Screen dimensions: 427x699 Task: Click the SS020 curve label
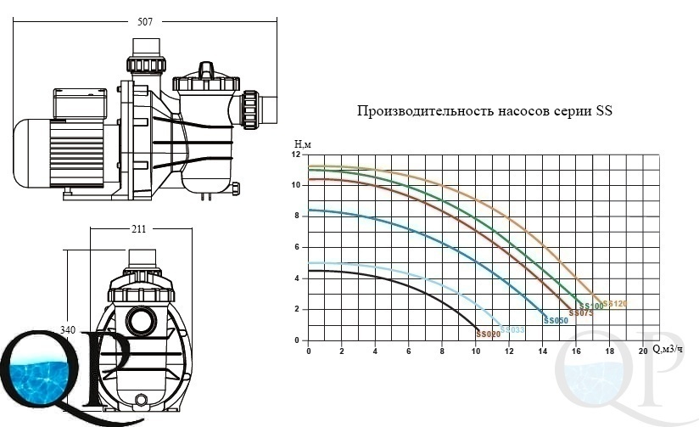pos(489,334)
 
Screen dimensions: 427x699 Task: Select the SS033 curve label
pos(512,329)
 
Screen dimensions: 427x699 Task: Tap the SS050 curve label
pos(556,321)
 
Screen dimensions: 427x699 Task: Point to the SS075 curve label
pos(580,313)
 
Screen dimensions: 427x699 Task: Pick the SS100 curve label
pos(591,306)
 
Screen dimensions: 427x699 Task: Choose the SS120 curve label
pos(615,304)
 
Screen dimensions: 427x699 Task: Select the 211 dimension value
pos(140,228)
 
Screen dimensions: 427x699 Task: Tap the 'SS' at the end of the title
pos(604,111)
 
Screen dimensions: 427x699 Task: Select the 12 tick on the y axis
pos(295,155)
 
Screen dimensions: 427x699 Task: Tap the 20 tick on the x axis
pos(642,351)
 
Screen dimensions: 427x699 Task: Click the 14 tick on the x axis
pos(542,351)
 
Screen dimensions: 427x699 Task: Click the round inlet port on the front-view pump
pos(139,321)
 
